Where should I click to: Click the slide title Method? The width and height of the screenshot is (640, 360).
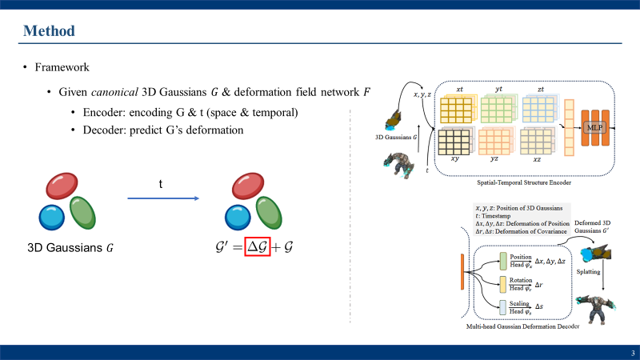point(49,31)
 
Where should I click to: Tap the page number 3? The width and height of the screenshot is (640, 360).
point(632,353)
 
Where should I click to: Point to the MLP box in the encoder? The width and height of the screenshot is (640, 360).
point(594,128)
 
